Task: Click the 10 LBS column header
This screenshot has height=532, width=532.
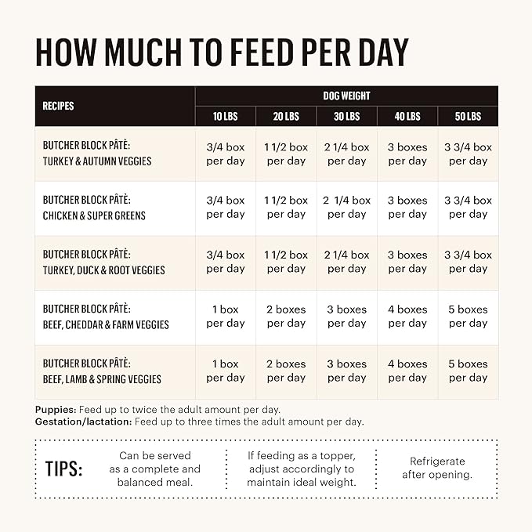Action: coord(225,116)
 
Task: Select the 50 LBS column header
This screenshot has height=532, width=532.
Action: coord(468,116)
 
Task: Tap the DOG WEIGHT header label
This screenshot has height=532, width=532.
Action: coord(346,96)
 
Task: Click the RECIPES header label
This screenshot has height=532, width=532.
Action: coord(59,106)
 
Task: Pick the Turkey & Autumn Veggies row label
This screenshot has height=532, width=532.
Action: coord(97,154)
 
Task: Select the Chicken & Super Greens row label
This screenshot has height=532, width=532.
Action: coord(94,208)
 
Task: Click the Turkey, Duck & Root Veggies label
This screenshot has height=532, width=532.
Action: coord(103,262)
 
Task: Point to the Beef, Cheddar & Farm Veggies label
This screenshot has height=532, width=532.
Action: coord(106,317)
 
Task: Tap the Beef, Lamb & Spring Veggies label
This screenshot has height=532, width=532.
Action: coord(102,371)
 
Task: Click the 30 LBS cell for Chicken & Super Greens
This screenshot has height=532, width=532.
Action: coord(347,208)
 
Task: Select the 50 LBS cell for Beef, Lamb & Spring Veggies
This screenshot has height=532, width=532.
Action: coord(468,371)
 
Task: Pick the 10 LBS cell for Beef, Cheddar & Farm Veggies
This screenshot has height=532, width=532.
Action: coord(225,317)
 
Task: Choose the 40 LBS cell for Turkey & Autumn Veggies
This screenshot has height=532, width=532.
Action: coord(407,154)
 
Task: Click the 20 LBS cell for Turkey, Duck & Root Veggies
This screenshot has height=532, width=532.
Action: coord(286,262)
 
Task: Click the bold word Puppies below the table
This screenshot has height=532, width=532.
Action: coord(56,410)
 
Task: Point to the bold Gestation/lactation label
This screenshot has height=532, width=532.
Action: coord(83,422)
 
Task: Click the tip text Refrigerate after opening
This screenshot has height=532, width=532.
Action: coord(436,469)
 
